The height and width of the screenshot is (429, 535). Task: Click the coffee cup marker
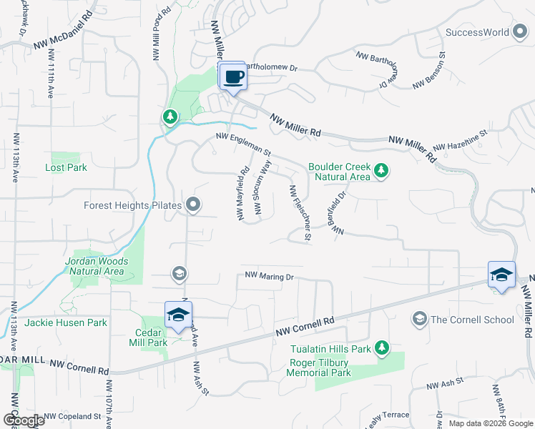click(232, 76)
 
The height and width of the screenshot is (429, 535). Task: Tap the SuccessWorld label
click(477, 32)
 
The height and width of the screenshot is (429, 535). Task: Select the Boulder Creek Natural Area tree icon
click(382, 171)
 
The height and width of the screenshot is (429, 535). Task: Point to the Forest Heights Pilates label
click(133, 205)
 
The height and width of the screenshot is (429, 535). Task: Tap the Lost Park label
click(66, 168)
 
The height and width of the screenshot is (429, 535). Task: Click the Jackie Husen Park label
click(66, 323)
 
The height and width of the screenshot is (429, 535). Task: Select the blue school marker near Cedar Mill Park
click(178, 315)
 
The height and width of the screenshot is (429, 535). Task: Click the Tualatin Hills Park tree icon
click(382, 348)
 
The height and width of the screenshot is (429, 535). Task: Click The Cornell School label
click(472, 320)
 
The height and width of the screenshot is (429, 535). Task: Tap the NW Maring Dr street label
click(270, 276)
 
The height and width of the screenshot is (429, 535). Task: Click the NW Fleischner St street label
click(299, 212)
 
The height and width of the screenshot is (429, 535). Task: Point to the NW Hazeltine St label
click(464, 140)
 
